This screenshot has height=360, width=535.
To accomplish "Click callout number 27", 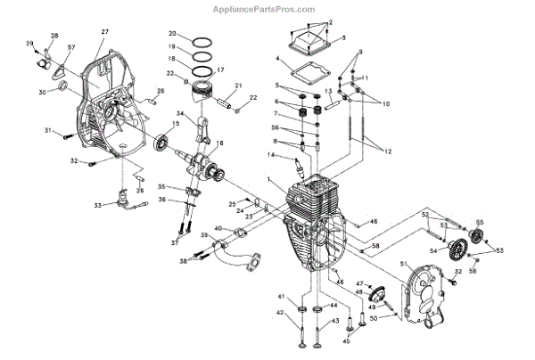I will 104,32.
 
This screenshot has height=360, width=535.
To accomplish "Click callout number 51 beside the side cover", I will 402,264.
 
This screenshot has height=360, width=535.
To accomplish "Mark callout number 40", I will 218,230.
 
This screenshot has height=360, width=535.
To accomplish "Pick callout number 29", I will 29,43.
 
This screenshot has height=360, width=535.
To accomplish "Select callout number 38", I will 183,261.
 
